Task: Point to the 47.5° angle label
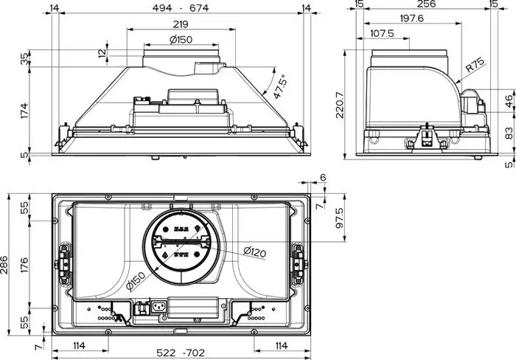pos(279,86)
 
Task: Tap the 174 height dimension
pos(25,111)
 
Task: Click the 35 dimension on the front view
pos(25,58)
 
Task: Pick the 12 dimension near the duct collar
pos(102,52)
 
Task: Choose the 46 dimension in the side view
pos(508,101)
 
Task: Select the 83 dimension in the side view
pos(508,133)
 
